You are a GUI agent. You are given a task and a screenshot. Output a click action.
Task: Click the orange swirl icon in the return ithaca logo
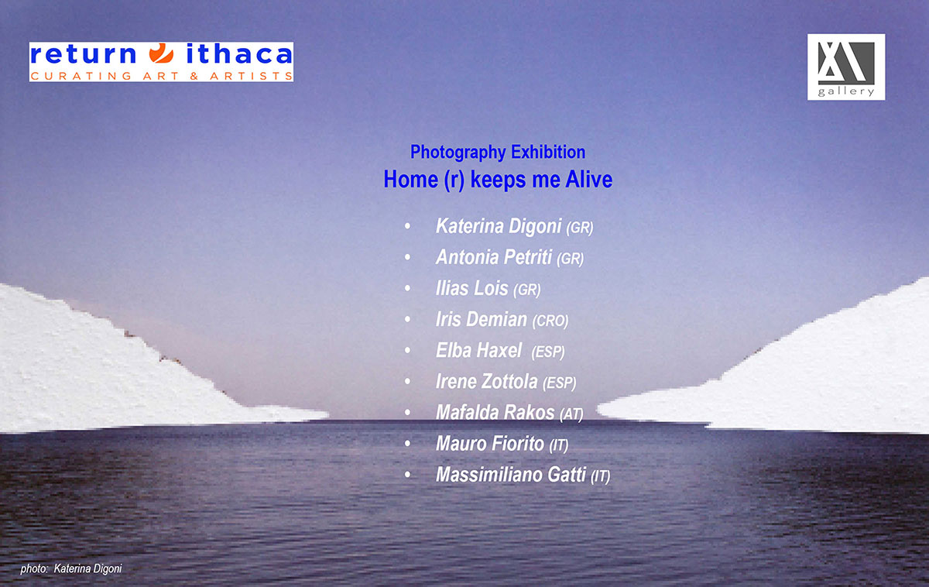point(161,53)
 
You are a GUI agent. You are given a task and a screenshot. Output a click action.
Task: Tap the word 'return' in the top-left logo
point(84,54)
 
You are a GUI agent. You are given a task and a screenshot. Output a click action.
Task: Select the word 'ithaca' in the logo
point(239,53)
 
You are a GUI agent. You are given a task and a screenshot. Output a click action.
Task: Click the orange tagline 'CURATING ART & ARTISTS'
point(162,76)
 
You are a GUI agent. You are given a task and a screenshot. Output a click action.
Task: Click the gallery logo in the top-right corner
point(846,67)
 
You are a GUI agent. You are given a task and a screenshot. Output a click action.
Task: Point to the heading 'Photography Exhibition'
point(498,152)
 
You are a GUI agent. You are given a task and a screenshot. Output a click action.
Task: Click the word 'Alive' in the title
point(589,179)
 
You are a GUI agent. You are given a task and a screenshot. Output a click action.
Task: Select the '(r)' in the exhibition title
point(454,180)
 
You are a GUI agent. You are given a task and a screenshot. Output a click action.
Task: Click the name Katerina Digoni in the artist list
point(499,226)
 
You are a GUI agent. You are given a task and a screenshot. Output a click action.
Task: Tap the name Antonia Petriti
point(494,257)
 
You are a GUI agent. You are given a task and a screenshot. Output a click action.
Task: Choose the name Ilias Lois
point(471,288)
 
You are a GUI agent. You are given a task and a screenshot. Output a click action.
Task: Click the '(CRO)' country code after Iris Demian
point(550,321)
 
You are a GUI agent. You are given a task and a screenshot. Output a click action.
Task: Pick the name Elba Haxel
point(478,351)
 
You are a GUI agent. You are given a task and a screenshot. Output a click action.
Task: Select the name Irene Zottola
point(486,382)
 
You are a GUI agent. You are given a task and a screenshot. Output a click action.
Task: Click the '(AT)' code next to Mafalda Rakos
point(571,414)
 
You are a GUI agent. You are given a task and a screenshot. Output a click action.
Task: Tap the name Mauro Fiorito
point(490,444)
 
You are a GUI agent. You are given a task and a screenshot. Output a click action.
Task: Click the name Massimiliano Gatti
point(510,475)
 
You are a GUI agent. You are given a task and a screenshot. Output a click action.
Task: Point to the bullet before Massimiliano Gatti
point(408,475)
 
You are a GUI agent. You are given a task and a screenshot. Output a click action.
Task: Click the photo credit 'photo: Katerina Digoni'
point(71,568)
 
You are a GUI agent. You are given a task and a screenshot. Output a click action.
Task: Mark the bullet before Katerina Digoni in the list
point(408,226)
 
